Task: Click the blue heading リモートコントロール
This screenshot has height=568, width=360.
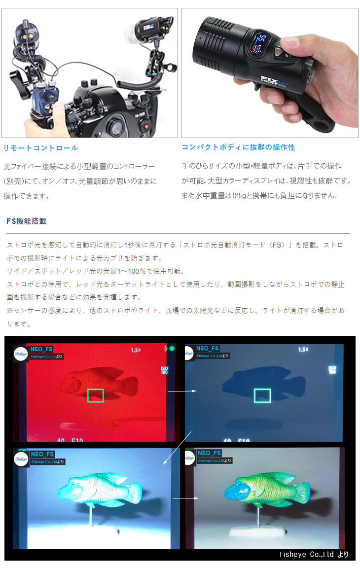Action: pos(40,148)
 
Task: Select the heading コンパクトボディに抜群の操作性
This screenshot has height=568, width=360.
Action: pos(238,147)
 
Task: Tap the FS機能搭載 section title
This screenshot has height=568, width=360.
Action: pos(27,221)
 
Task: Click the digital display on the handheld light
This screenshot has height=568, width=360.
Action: pos(261,42)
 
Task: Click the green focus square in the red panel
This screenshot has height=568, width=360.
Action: pos(95,395)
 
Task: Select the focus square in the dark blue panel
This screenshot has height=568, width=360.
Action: pos(262,395)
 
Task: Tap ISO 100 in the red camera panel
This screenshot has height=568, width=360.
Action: pos(164,370)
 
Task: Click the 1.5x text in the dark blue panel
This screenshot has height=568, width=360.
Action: pos(303,350)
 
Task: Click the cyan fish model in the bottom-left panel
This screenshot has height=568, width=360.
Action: pos(99,491)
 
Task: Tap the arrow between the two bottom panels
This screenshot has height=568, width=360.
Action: pos(185,498)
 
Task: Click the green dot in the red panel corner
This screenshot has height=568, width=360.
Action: pos(172,349)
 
